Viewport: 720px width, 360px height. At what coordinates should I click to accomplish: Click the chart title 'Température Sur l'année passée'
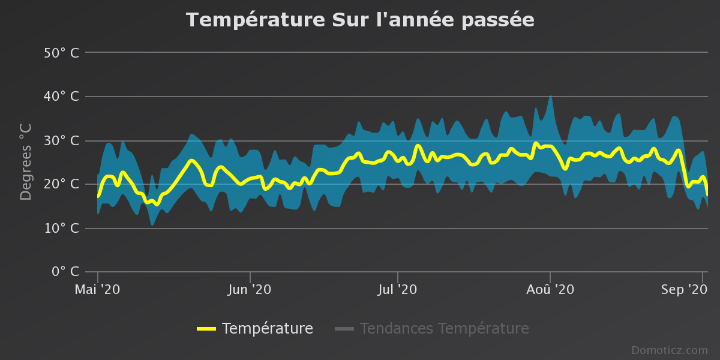360,20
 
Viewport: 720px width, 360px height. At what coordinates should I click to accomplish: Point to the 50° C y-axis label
61,53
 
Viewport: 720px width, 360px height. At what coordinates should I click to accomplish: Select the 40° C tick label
61,97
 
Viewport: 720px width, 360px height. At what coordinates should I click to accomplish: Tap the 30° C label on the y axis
61,141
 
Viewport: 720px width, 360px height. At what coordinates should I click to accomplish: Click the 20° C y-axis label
61,184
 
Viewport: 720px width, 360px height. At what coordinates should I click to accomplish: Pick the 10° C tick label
61,229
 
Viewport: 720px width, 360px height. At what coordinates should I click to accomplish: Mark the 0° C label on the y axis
64,272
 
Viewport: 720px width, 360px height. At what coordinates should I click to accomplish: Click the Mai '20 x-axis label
97,289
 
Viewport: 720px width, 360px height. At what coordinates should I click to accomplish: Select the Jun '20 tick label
250,289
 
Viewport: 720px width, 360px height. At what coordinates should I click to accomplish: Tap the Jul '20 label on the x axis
397,289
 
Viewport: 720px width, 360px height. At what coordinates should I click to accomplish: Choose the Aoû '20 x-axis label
550,289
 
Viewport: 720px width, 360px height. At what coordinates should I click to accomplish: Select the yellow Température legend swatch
206,329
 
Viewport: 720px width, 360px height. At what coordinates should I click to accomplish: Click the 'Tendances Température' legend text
444,329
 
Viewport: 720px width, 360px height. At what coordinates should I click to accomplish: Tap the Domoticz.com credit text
670,350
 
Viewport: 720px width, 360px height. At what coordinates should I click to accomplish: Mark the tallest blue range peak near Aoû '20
550,96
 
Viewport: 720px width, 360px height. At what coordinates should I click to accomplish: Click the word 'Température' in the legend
267,329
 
